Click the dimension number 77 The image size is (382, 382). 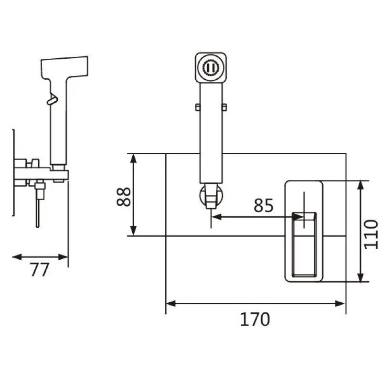[x=40, y=270]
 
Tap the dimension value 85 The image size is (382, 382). [x=263, y=205]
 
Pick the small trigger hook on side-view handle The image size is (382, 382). [x=51, y=99]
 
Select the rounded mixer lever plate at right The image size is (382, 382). [x=304, y=230]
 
